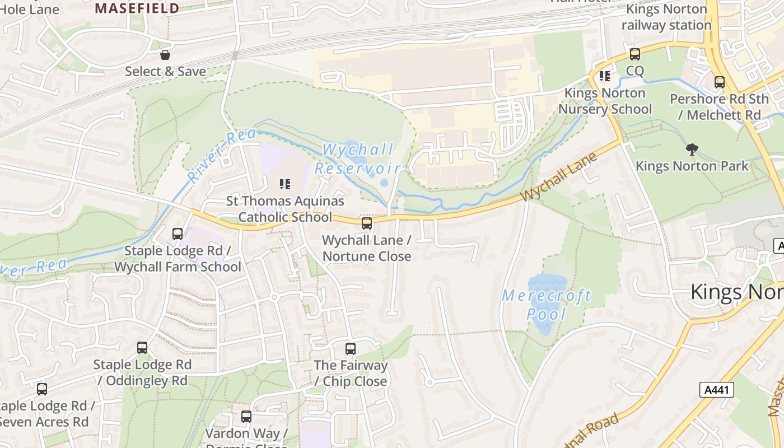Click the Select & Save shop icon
[x=165, y=55]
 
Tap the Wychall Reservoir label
[x=358, y=159]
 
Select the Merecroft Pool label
[x=547, y=305]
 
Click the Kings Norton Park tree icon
[x=692, y=149]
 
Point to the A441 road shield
[x=716, y=390]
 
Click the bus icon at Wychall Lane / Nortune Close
[x=367, y=223]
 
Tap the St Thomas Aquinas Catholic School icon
[x=284, y=184]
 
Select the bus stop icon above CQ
[x=634, y=54]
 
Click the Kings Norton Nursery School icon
[x=604, y=76]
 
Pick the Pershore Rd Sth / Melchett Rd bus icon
[x=720, y=82]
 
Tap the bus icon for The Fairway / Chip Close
[x=351, y=349]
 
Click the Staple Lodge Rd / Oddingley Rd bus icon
[x=142, y=348]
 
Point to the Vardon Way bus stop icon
[x=246, y=417]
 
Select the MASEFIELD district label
[x=137, y=8]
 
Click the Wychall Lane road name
[x=558, y=178]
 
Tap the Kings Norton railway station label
[x=666, y=17]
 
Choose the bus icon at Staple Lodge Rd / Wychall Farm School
[x=178, y=234]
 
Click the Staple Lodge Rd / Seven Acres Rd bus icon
[x=42, y=389]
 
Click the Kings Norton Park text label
[x=692, y=166]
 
